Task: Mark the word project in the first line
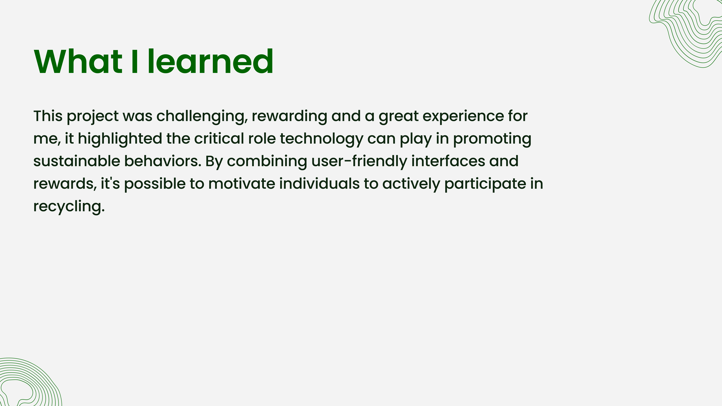(x=93, y=117)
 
